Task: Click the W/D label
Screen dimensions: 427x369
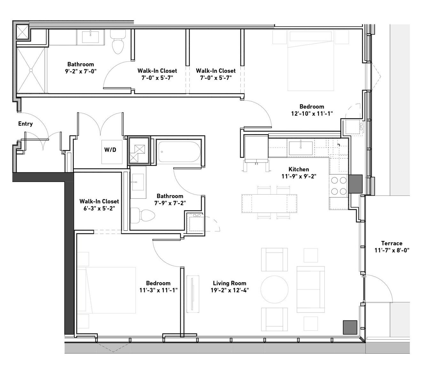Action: [110, 150]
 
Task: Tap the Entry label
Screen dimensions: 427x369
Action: [26, 124]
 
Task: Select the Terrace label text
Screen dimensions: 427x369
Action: [392, 243]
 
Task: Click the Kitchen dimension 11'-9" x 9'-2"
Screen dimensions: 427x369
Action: [299, 176]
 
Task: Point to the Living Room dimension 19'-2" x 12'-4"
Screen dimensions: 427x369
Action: [230, 290]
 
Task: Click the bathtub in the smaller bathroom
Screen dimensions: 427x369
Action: [179, 152]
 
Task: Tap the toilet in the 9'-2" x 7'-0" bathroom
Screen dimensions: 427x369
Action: [118, 41]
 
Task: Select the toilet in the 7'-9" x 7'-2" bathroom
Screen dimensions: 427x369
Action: [143, 216]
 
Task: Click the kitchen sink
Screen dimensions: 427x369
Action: [300, 148]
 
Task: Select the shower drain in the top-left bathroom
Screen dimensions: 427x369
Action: [31, 70]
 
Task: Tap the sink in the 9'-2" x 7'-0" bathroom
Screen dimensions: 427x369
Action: [90, 37]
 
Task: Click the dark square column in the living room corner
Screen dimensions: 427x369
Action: [350, 327]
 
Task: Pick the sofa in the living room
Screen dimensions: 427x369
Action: [311, 289]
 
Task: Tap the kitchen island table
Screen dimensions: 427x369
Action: [269, 204]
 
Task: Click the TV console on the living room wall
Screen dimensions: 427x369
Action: [193, 294]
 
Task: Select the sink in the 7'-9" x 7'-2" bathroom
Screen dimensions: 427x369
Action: [138, 182]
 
